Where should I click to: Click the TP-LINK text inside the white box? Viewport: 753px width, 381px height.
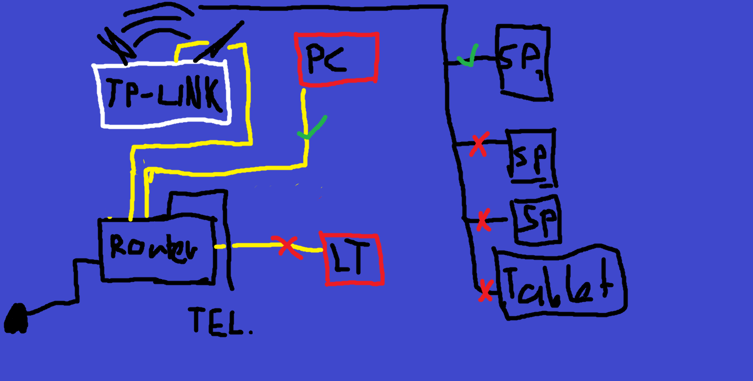coord(165,94)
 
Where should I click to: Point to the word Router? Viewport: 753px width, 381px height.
coord(153,249)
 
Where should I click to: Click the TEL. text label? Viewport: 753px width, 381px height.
coord(220,321)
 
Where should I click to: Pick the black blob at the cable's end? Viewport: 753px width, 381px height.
coord(15,318)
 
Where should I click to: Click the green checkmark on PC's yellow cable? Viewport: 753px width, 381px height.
coord(312,128)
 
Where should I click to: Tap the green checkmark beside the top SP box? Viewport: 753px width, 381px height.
coord(468,56)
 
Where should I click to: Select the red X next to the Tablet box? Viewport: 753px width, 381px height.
coord(486,291)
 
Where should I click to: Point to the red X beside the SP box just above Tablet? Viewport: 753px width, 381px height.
coord(484,220)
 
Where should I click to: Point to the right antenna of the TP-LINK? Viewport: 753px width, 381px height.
coord(219,42)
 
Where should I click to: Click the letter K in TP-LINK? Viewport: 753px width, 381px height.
coord(213,94)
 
